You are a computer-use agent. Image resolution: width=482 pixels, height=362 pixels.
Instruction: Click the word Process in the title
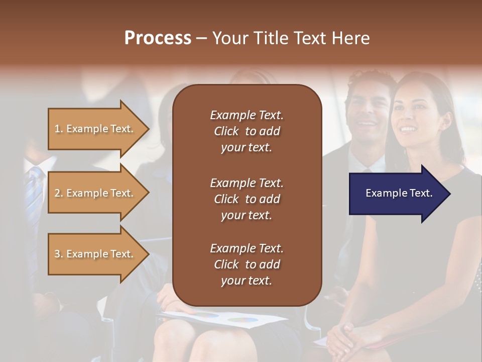(158, 38)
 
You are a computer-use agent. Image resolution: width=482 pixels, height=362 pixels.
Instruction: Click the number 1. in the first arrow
(59, 129)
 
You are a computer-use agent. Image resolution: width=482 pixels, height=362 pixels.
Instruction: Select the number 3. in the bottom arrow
(59, 254)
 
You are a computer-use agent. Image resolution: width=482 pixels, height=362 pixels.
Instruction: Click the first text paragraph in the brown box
(247, 131)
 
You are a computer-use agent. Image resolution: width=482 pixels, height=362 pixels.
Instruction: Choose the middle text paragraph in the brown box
(247, 199)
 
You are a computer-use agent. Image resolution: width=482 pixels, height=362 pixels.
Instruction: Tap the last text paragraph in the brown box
(247, 264)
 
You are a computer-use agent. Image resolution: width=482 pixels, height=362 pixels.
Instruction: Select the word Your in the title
(229, 38)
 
